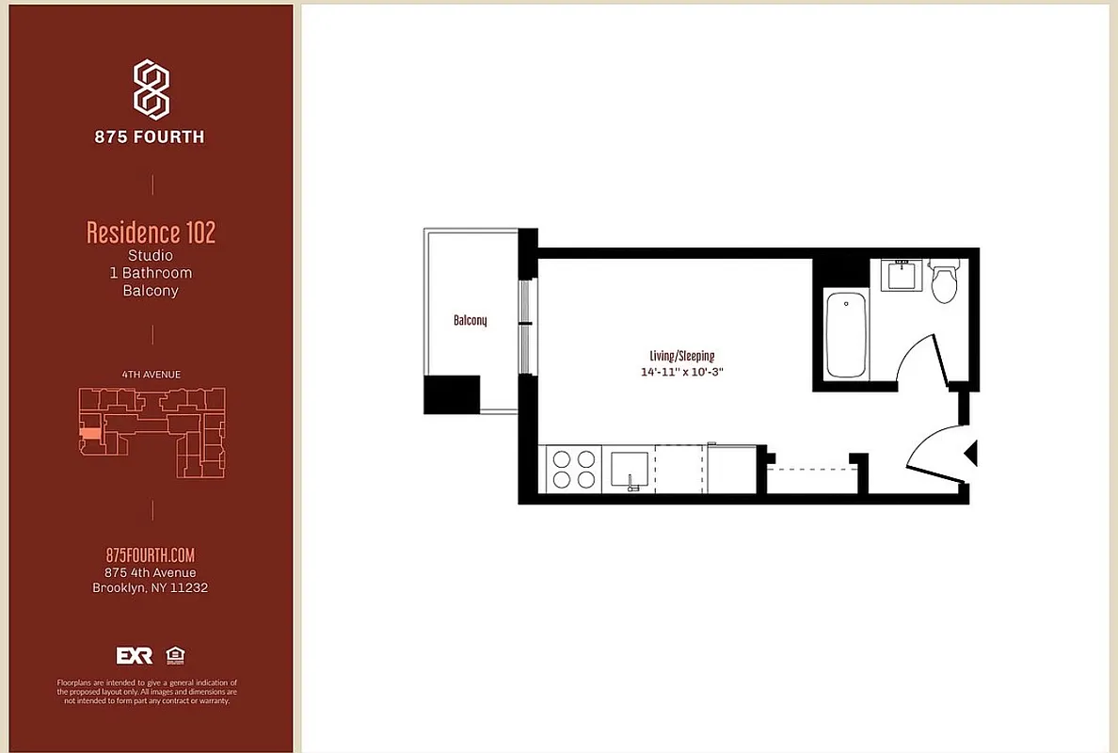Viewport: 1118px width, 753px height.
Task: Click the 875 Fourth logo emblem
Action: click(x=151, y=88)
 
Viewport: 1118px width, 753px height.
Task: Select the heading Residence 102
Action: click(x=151, y=232)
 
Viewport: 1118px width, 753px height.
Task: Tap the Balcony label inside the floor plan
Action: click(x=470, y=321)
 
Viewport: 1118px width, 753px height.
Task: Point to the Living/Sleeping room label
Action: click(x=681, y=356)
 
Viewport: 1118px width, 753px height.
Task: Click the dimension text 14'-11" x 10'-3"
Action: click(x=681, y=372)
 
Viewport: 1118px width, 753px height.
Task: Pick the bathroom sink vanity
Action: click(x=902, y=276)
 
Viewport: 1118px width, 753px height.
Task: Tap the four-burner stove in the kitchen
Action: click(x=573, y=469)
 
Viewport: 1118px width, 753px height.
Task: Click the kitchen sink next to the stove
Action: click(x=630, y=469)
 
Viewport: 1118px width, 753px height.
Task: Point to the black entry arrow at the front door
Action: click(x=971, y=454)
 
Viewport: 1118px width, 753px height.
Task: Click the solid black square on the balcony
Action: click(x=452, y=394)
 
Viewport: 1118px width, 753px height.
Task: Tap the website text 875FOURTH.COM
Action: click(x=151, y=555)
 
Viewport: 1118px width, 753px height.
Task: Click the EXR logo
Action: click(x=134, y=656)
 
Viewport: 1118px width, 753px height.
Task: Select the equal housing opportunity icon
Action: click(x=174, y=655)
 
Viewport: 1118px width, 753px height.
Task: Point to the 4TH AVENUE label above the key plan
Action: click(x=151, y=375)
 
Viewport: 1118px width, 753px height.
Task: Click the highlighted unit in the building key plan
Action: click(x=89, y=434)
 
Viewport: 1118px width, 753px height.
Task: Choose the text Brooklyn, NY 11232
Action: click(x=151, y=588)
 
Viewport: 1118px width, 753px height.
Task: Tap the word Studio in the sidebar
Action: click(x=151, y=255)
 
